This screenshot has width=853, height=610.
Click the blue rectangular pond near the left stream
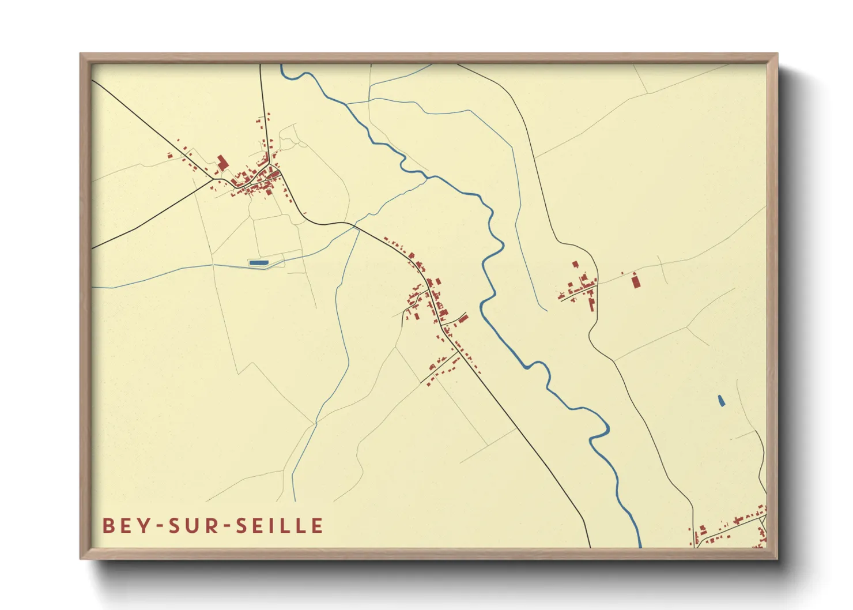pyautogui.click(x=258, y=262)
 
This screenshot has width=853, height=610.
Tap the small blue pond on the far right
pyautogui.click(x=720, y=401)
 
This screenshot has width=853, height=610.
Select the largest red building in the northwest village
pyautogui.click(x=222, y=163)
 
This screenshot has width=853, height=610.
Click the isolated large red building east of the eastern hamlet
pyautogui.click(x=636, y=281)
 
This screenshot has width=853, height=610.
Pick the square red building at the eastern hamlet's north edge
pyautogui.click(x=575, y=264)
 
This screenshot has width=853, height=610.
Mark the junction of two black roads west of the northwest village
pyautogui.click(x=214, y=179)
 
